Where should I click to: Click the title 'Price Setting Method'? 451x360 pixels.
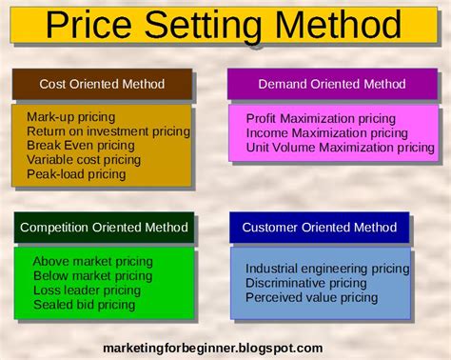click(225, 24)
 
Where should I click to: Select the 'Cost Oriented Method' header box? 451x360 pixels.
click(101, 84)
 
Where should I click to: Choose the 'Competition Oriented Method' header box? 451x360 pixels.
click(103, 228)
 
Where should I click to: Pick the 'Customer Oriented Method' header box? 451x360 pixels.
click(319, 228)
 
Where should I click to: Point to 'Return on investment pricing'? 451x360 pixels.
click(108, 131)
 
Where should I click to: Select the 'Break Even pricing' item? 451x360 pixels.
click(81, 146)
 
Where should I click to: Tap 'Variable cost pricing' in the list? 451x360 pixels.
click(84, 160)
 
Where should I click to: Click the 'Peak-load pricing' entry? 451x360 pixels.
click(76, 174)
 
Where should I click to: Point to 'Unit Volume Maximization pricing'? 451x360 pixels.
click(340, 148)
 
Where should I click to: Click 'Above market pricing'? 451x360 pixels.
click(92, 261)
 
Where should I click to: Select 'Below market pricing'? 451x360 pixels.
click(92, 275)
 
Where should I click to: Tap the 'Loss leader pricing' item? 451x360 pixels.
click(87, 290)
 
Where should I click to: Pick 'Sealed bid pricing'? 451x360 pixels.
click(85, 305)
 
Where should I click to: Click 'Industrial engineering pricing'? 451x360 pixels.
click(327, 269)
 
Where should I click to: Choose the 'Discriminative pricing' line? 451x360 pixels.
click(305, 283)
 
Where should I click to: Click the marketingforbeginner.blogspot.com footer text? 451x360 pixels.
click(213, 348)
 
